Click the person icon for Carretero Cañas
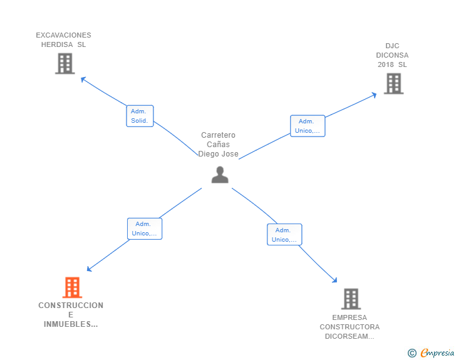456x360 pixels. tap(220, 175)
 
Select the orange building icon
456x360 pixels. tap(73, 287)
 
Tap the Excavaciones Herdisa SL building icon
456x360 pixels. tap(65, 63)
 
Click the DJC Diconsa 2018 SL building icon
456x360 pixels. tap(393, 83)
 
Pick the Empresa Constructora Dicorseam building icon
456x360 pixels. tap(351, 299)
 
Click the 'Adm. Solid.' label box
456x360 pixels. tap(140, 116)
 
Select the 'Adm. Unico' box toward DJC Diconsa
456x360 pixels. tap(308, 126)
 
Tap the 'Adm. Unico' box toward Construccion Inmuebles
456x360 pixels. tap(145, 229)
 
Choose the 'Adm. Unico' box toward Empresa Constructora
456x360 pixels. tap(284, 235)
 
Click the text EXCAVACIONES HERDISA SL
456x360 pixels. tap(63, 40)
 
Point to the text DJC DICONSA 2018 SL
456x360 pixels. tap(393, 55)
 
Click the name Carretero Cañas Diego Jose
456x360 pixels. tap(219, 145)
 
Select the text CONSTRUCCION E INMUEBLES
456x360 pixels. tap(71, 314)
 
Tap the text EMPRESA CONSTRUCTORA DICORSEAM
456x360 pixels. tap(350, 327)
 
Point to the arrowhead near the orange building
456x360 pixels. tap(89, 269)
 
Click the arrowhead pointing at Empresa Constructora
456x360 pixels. tap(334, 281)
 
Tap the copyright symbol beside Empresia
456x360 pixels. tap(412, 353)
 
